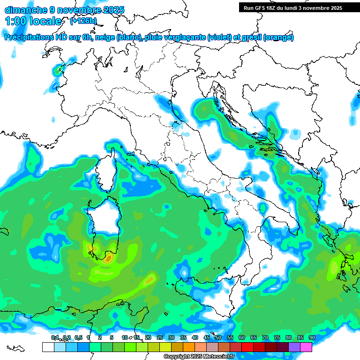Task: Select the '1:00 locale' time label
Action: [33, 21]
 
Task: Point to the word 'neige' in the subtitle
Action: [105, 37]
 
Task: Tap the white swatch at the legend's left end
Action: [48, 347]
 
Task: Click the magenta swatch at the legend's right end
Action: [306, 347]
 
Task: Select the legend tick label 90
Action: [312, 337]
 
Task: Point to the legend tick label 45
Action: [207, 337]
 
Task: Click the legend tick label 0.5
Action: [78, 337]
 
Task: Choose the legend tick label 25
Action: [160, 337]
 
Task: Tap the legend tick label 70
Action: [265, 337]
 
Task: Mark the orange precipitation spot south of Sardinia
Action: [109, 257]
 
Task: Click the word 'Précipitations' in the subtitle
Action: [30, 37]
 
